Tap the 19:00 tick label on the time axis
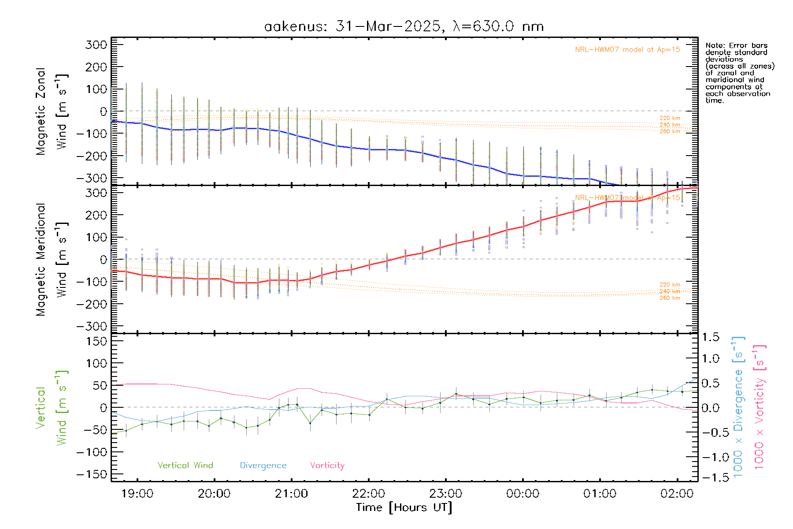(x=137, y=494)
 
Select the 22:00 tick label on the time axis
(x=369, y=494)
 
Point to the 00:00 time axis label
(x=523, y=494)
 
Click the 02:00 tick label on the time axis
(x=677, y=494)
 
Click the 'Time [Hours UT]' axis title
(x=404, y=508)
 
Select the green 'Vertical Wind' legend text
(x=185, y=466)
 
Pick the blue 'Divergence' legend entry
(x=263, y=466)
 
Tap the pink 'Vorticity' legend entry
(x=327, y=466)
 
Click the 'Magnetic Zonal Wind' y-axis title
(x=52, y=112)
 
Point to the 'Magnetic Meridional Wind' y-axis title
(x=52, y=260)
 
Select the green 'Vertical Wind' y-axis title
(x=52, y=408)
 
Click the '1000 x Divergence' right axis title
(x=738, y=407)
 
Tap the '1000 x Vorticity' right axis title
(x=760, y=407)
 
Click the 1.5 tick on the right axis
(x=710, y=337)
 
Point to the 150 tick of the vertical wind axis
(x=97, y=341)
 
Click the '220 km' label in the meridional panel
(x=670, y=285)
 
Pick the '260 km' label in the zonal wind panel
(x=670, y=131)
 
